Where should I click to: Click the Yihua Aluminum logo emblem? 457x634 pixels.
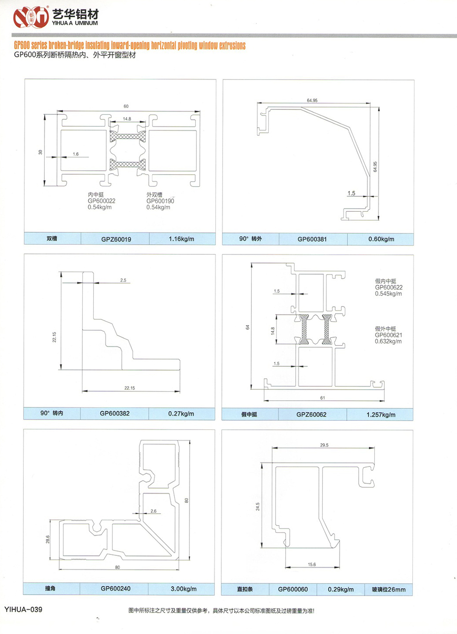pos(31,17)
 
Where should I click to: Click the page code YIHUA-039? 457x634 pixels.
pos(23,609)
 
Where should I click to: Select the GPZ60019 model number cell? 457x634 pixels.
pos(116,239)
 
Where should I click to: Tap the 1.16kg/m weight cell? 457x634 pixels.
pos(181,239)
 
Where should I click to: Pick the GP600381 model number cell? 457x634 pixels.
pos(312,239)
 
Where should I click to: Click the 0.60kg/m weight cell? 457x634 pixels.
pos(381,239)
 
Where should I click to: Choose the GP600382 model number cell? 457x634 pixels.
pos(115,414)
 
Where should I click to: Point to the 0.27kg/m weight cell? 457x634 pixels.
pos(181,414)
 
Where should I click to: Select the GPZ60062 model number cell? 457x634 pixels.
pos(311,414)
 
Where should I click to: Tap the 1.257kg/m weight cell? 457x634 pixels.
pos(381,414)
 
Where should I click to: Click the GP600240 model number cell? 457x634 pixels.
pos(116,589)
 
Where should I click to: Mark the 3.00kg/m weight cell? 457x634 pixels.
pos(184,589)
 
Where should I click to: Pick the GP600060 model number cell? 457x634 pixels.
pos(293,589)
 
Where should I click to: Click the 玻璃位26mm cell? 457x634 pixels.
pos(388,589)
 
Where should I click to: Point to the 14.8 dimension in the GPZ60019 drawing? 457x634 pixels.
pos(127,119)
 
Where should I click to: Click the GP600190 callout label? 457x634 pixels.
pos(160,201)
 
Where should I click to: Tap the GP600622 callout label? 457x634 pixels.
pos(389,287)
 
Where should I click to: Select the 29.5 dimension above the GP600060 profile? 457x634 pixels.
pos(324,445)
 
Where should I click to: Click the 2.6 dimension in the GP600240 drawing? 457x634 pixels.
pos(154,511)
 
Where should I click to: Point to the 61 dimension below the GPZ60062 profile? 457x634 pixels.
pos(323,398)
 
